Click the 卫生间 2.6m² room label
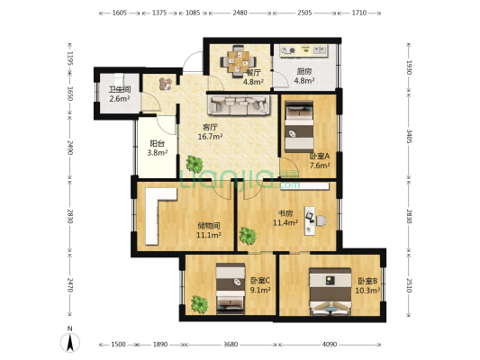120,94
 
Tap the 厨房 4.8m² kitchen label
306,77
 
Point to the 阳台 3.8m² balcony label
157,148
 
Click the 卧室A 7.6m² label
320,160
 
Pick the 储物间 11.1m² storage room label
209,231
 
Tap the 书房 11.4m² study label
286,218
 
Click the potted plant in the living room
195,165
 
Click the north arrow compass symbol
69,342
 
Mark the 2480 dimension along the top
239,13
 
